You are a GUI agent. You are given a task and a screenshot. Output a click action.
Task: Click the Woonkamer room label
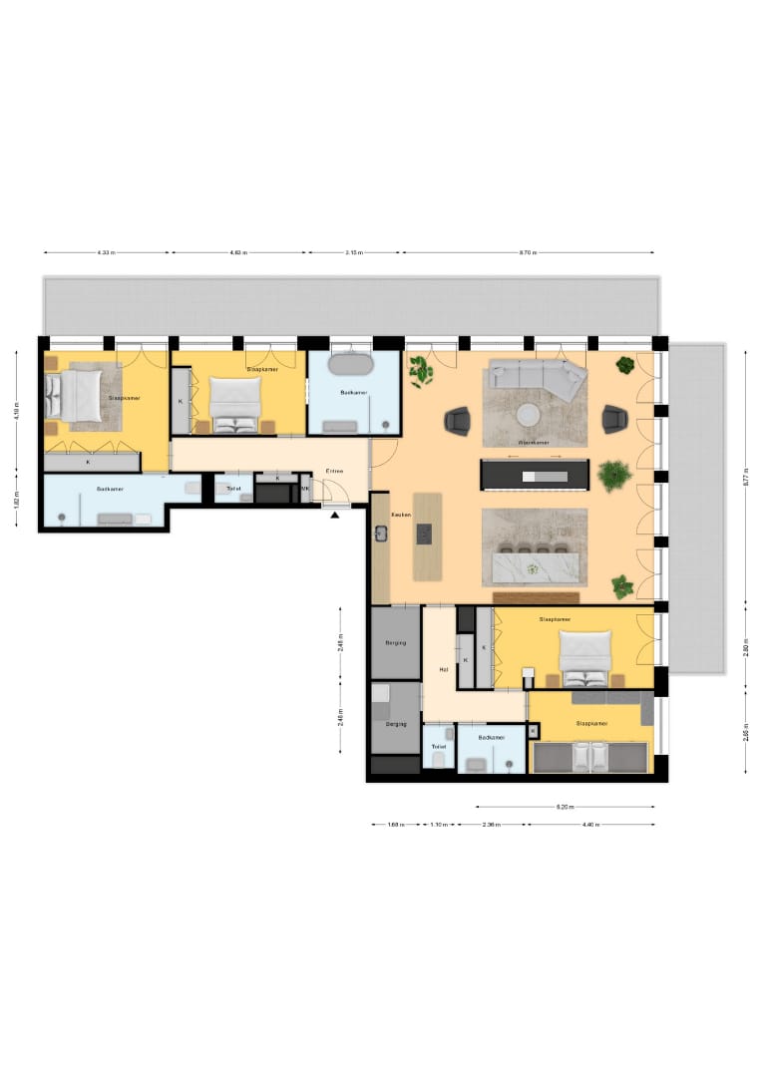pyautogui.click(x=535, y=441)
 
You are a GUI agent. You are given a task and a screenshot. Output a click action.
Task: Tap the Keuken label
pyautogui.click(x=400, y=515)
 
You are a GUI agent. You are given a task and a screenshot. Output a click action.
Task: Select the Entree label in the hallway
pyautogui.click(x=335, y=472)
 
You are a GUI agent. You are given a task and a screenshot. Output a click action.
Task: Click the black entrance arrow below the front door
pyautogui.click(x=335, y=515)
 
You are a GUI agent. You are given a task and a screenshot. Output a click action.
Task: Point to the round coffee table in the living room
pyautogui.click(x=528, y=414)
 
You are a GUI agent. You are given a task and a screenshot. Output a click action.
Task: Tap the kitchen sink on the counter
pyautogui.click(x=381, y=533)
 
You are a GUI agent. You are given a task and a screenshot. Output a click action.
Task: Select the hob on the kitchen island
pyautogui.click(x=425, y=534)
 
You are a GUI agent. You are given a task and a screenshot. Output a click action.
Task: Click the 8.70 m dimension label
pyautogui.click(x=528, y=253)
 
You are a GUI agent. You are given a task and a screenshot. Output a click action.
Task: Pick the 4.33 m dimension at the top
pyautogui.click(x=106, y=253)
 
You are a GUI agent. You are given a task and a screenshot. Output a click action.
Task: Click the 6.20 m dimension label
pyautogui.click(x=566, y=807)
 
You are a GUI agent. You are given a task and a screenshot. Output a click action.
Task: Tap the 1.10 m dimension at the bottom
pyautogui.click(x=439, y=825)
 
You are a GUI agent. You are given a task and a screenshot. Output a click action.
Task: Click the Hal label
pyautogui.click(x=443, y=669)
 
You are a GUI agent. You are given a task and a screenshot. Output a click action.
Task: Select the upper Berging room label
pyautogui.click(x=395, y=643)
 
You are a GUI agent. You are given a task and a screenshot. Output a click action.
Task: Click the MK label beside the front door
pyautogui.click(x=305, y=488)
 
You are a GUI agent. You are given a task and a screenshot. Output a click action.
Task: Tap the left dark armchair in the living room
pyautogui.click(x=457, y=421)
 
